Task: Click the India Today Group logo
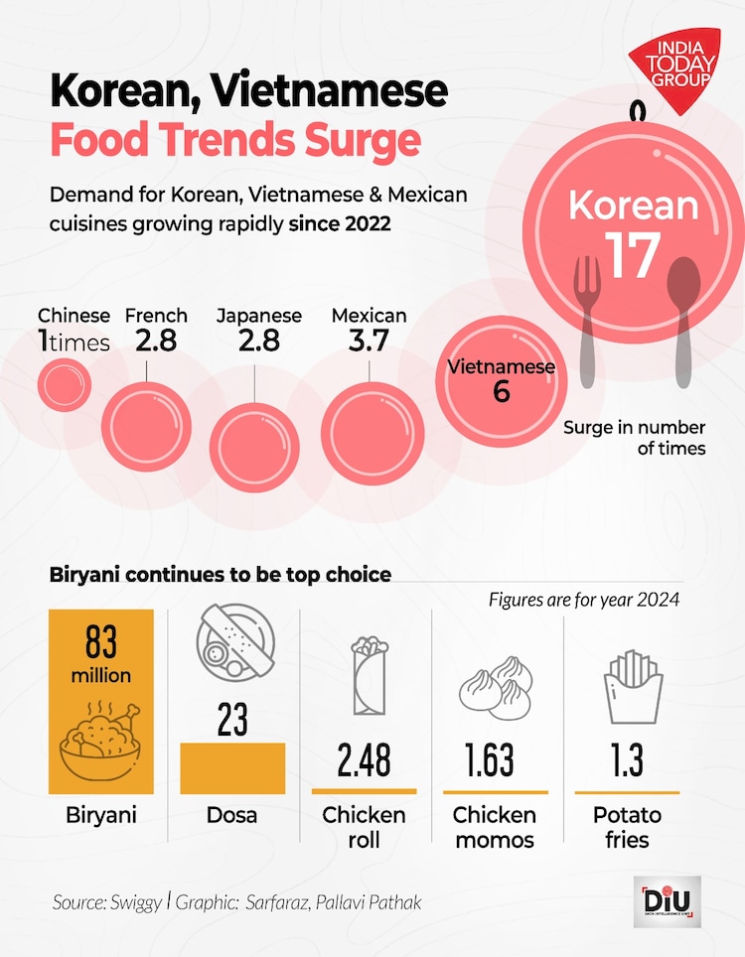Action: pyautogui.click(x=674, y=67)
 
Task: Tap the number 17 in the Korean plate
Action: pyautogui.click(x=632, y=255)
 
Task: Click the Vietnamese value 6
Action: pyautogui.click(x=501, y=391)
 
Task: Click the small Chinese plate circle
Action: pyautogui.click(x=62, y=382)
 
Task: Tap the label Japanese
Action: pyautogui.click(x=259, y=316)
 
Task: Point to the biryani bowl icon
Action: pyautogui.click(x=100, y=741)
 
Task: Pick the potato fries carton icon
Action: pyautogui.click(x=632, y=688)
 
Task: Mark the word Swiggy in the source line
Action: pyautogui.click(x=134, y=902)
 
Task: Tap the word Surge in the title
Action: pyautogui.click(x=363, y=140)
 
